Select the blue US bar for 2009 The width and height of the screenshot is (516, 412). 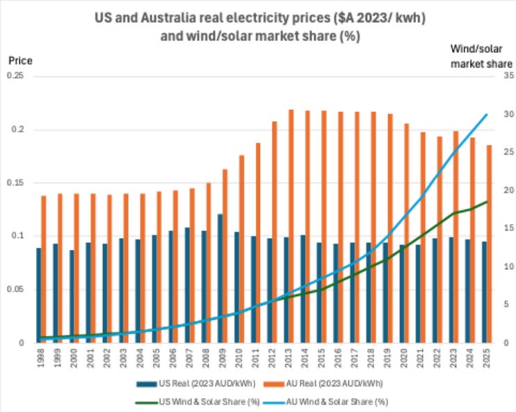click(x=220, y=278)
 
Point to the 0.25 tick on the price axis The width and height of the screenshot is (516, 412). click(x=15, y=76)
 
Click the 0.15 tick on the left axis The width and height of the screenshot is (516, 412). click(x=15, y=183)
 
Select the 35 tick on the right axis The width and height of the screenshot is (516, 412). click(x=506, y=76)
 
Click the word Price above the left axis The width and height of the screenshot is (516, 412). click(x=19, y=61)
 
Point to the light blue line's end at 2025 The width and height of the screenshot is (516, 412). click(x=486, y=115)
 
